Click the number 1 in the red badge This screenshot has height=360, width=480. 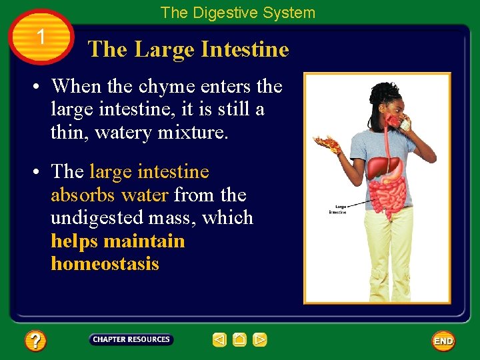click(41, 37)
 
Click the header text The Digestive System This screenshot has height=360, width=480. click(237, 13)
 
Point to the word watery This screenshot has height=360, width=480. click(123, 132)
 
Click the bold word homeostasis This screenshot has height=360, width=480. click(105, 263)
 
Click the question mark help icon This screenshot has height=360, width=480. click(35, 341)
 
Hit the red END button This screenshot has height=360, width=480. click(443, 341)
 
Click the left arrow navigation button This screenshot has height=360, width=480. click(220, 340)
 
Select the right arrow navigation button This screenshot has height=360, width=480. click(260, 340)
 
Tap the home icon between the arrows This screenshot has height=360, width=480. click(240, 340)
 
